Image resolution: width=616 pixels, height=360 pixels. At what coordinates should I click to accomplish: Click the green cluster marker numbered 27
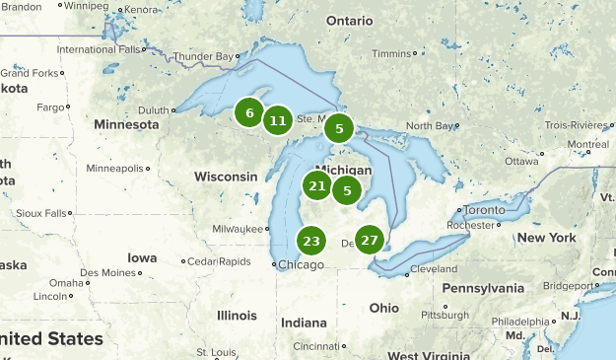pyautogui.click(x=370, y=240)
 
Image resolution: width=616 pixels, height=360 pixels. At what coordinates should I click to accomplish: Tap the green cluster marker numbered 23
pyautogui.click(x=311, y=241)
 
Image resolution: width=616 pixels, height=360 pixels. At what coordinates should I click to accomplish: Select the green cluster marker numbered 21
pyautogui.click(x=316, y=185)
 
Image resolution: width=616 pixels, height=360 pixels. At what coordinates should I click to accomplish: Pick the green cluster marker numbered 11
pyautogui.click(x=278, y=120)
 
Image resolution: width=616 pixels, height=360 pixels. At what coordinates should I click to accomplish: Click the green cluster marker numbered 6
pyautogui.click(x=249, y=112)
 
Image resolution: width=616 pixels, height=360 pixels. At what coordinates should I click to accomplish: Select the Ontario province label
pyautogui.click(x=350, y=21)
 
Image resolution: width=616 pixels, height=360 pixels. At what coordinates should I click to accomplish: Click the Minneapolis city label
pyautogui.click(x=115, y=168)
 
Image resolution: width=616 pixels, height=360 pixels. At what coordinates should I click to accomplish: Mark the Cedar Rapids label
pyautogui.click(x=219, y=261)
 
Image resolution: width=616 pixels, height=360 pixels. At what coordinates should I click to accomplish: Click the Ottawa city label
pyautogui.click(x=521, y=161)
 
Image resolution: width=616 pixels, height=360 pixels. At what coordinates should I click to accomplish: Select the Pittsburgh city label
pyautogui.click(x=444, y=315)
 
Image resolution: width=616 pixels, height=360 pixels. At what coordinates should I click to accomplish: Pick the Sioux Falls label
pyautogui.click(x=42, y=212)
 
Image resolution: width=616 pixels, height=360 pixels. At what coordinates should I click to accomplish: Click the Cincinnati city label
pyautogui.click(x=315, y=346)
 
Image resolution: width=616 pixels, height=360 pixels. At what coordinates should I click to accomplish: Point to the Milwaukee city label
pyautogui.click(x=240, y=229)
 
